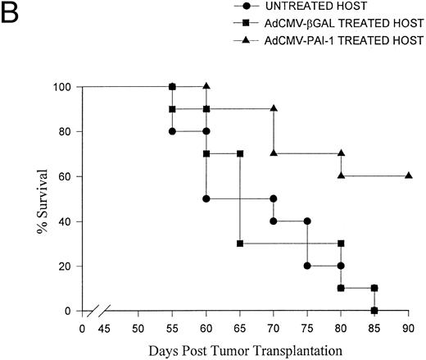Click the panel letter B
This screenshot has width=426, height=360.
[12, 14]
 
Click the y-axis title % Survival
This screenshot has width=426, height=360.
[40, 198]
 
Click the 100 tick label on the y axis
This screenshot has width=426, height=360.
[66, 87]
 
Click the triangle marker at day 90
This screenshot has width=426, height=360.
[408, 176]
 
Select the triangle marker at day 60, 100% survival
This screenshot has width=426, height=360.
[206, 86]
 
